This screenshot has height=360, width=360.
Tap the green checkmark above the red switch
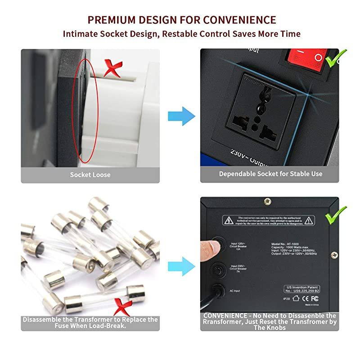337,57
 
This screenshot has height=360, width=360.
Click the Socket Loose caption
90,174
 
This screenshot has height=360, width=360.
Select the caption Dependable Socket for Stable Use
270,174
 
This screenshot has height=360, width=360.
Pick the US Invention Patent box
303,288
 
